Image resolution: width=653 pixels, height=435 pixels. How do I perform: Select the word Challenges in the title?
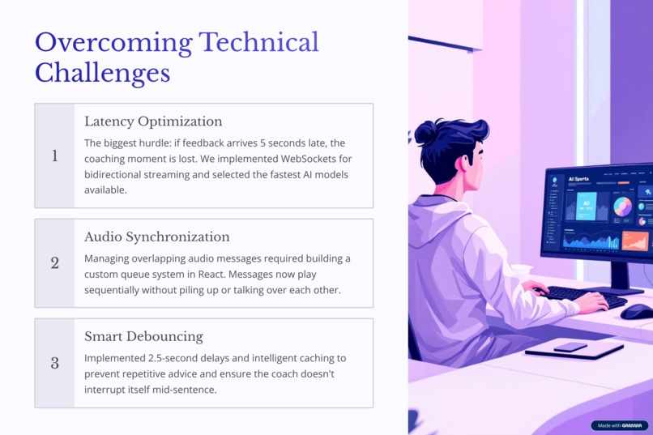(x=102, y=72)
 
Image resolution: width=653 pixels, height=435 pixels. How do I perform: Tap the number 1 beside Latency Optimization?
(x=55, y=156)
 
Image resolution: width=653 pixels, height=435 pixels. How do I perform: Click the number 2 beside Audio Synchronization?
(x=55, y=263)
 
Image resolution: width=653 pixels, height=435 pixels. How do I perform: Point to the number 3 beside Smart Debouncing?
(x=55, y=363)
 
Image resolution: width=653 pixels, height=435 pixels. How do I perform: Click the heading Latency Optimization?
(x=153, y=122)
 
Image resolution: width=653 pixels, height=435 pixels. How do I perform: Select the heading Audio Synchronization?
(x=156, y=237)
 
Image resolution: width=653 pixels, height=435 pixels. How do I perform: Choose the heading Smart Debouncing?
(x=143, y=336)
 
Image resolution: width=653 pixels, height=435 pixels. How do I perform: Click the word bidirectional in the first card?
(x=117, y=174)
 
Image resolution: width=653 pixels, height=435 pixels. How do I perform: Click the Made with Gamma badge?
(x=619, y=425)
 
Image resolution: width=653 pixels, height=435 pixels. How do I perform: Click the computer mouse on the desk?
(x=637, y=311)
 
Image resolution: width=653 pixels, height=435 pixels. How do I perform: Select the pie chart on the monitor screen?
(x=622, y=207)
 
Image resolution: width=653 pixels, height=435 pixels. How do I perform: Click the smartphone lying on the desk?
(x=570, y=347)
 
